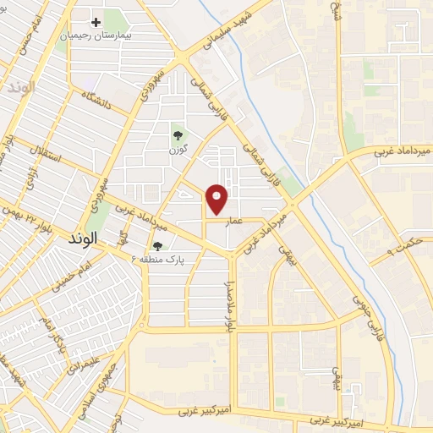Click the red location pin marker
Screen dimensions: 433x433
point(218,198)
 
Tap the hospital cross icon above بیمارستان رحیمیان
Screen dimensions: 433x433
point(96,22)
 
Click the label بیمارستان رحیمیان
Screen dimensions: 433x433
point(97,38)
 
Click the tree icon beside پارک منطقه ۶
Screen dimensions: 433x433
point(156,246)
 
